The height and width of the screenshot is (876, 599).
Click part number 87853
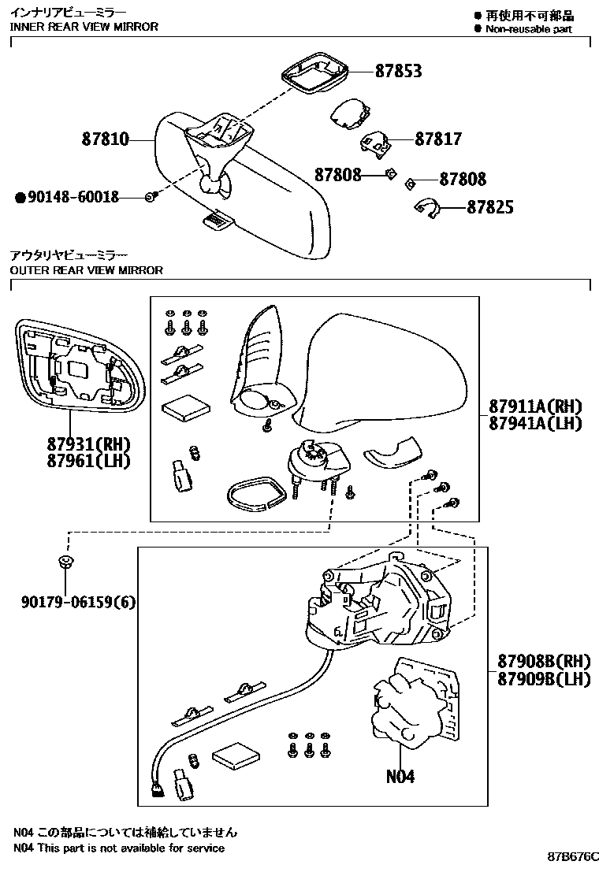[x=398, y=71]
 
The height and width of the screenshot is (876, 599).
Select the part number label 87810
[x=105, y=140]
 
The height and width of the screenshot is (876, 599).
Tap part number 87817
[x=438, y=139]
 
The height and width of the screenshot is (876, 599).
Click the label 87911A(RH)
[x=534, y=406]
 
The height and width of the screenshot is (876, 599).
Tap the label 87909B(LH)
[x=543, y=678]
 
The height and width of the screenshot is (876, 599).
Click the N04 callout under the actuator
[x=400, y=776]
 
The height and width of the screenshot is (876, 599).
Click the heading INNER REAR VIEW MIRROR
[x=84, y=27]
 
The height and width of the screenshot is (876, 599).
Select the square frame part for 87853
[x=313, y=76]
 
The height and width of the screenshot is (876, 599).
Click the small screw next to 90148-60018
[x=151, y=197]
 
